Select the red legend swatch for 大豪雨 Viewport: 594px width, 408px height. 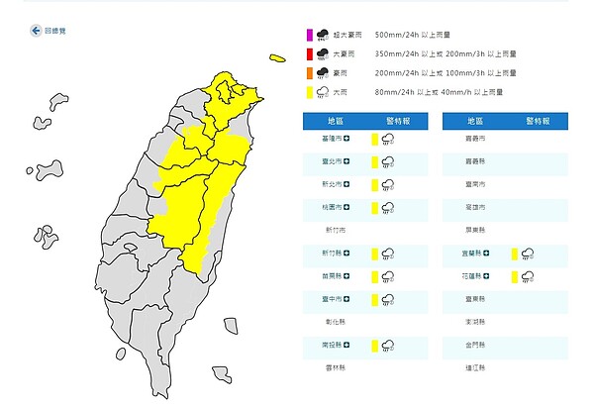pyautogui.click(x=309, y=55)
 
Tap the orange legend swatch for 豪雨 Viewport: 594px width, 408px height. pyautogui.click(x=309, y=74)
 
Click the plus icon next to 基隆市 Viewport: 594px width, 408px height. pyautogui.click(x=346, y=139)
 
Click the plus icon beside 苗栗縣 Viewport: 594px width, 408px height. pyautogui.click(x=346, y=276)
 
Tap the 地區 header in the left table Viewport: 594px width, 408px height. pyautogui.click(x=337, y=119)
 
